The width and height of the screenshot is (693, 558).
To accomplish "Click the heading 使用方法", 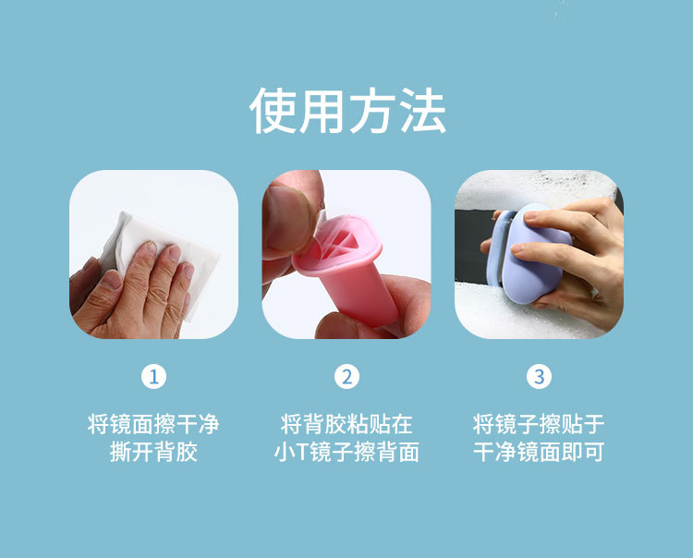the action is [347, 111].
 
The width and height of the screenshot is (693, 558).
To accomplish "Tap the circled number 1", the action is [153, 377].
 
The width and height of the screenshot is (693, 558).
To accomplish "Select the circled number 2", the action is [346, 377].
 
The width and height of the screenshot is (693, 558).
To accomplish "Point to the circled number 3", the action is [540, 377].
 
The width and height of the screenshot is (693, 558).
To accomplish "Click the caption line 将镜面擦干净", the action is [153, 424].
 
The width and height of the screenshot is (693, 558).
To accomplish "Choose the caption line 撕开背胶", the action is [153, 452].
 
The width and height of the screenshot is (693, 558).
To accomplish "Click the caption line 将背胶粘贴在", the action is [346, 424].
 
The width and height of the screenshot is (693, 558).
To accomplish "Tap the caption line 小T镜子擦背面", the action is [346, 452].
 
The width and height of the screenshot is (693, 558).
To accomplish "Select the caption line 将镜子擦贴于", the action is [539, 424].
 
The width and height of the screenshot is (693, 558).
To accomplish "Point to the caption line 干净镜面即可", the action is [539, 452].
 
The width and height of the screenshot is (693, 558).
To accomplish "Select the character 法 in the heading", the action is [423, 111].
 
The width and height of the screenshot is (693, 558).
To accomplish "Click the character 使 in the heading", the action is [273, 111].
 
